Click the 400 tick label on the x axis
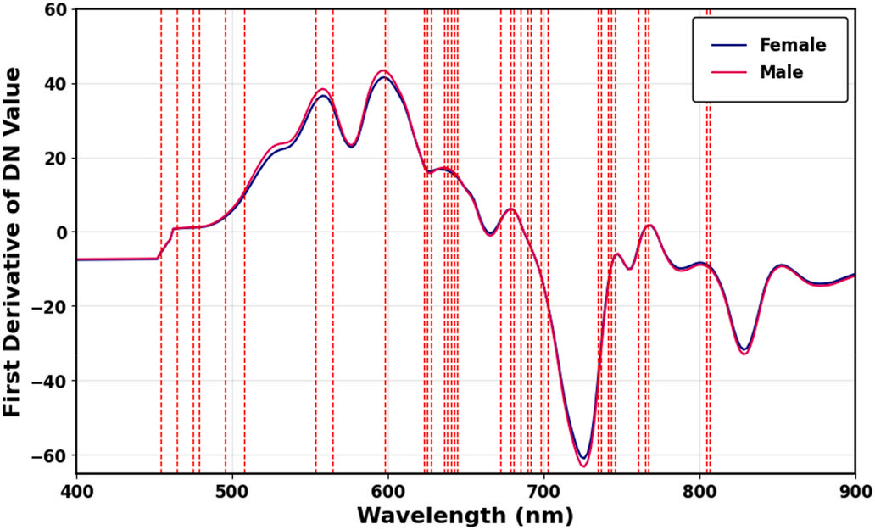[x=76, y=491]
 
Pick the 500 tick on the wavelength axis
[x=232, y=491]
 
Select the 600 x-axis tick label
[x=387, y=491]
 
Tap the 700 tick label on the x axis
[x=543, y=491]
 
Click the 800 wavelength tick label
[x=699, y=491]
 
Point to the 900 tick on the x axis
[x=854, y=491]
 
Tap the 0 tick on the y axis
[x=63, y=232]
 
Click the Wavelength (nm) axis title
[x=465, y=515]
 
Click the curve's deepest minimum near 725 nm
[x=582, y=463]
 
